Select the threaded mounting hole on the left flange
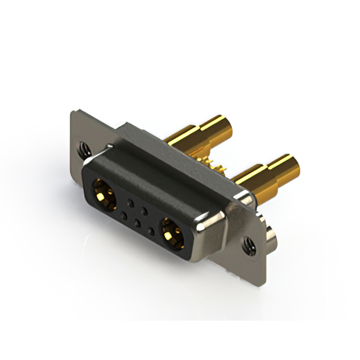(x=83, y=148)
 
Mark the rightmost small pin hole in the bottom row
(x=151, y=230)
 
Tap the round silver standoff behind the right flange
(x=271, y=235)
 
